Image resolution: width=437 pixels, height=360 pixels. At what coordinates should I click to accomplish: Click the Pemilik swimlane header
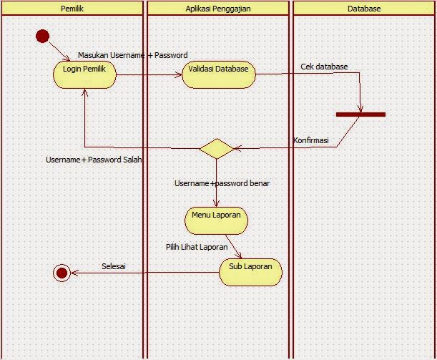(72, 9)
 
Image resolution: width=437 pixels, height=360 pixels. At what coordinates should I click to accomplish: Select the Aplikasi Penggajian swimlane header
(217, 9)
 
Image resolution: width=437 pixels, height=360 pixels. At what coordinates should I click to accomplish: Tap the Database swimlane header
(363, 9)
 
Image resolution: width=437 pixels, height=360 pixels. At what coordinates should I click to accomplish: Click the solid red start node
(42, 36)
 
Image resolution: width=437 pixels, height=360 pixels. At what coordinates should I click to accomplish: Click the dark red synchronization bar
(360, 114)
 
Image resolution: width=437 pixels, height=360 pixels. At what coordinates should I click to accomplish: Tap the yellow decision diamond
(215, 148)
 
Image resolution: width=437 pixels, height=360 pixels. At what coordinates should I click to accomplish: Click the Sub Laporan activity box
(250, 271)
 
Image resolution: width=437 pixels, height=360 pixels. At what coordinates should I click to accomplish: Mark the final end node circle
(62, 272)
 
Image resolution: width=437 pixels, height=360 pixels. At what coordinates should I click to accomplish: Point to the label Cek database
(324, 67)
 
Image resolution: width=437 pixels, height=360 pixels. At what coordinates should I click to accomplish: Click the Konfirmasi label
(311, 140)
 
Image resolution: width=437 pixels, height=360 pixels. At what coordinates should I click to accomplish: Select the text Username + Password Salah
(94, 160)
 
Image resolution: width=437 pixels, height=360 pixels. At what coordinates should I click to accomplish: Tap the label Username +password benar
(222, 183)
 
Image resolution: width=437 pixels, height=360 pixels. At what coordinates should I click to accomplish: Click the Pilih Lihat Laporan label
(197, 246)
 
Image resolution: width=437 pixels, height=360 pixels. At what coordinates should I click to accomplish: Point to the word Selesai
(114, 266)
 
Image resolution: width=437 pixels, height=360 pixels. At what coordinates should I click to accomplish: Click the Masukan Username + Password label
(132, 55)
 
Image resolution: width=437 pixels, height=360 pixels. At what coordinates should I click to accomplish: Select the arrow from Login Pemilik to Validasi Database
(149, 74)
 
